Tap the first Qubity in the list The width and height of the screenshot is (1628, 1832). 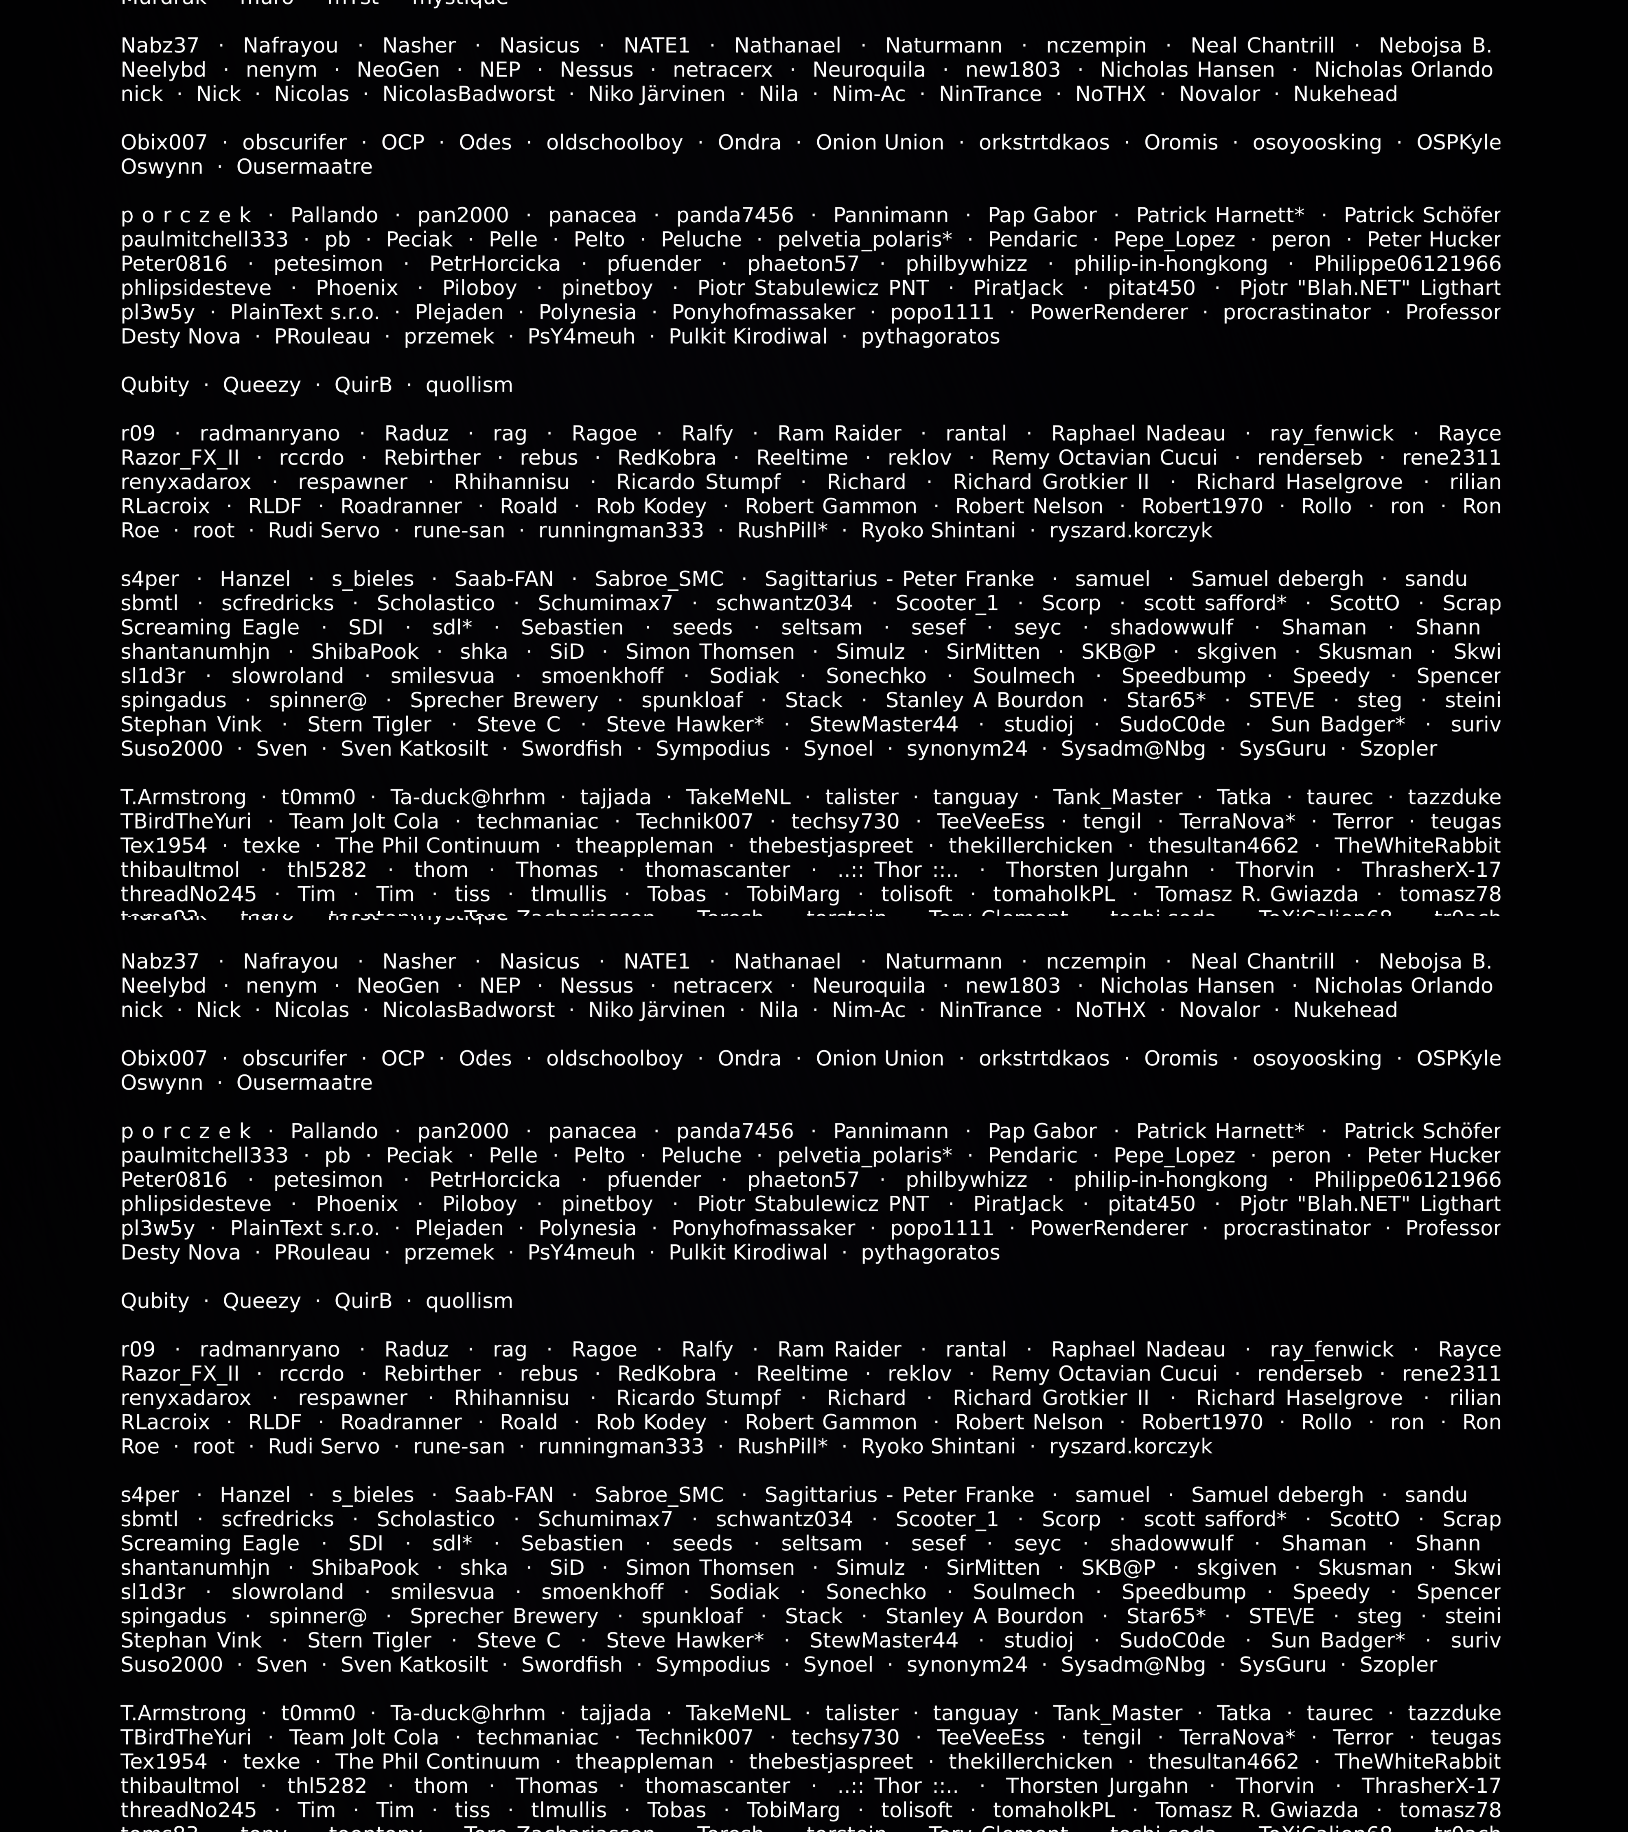(155, 386)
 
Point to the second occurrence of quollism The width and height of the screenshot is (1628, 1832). (468, 1302)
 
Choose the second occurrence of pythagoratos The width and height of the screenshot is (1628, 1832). (930, 1253)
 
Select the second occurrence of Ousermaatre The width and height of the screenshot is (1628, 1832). (304, 1083)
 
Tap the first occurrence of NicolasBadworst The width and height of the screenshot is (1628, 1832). (468, 94)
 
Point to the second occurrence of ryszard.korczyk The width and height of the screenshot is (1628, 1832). (1130, 1446)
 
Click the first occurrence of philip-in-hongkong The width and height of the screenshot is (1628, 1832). (1170, 264)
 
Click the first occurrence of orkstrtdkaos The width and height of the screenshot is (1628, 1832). (1044, 142)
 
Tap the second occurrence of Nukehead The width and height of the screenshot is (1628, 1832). (1345, 1010)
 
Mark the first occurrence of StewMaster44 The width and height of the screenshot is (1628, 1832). (884, 725)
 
